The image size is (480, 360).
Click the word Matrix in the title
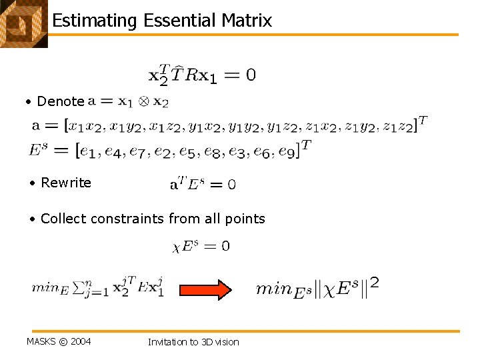[x=247, y=21]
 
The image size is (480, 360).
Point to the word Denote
[x=61, y=101]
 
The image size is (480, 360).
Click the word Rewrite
[x=66, y=183]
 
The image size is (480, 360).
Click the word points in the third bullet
[x=245, y=219]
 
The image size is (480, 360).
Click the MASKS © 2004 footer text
[x=59, y=342]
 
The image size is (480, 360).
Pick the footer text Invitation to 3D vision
[x=193, y=342]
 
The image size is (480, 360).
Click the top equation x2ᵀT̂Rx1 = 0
[x=201, y=75]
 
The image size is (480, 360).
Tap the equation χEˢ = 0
[x=201, y=246]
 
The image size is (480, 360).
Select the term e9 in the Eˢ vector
[x=285, y=151]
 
